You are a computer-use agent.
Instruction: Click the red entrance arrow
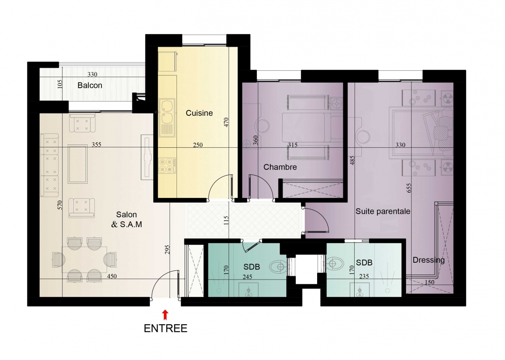click(165, 315)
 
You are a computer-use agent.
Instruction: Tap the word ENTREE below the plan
click(166, 328)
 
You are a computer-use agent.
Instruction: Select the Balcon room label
click(90, 85)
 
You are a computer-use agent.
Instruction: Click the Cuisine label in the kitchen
click(199, 113)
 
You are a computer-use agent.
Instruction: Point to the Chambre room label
click(280, 167)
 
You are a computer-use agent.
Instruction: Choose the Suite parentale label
click(383, 211)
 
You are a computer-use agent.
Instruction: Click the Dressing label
click(429, 260)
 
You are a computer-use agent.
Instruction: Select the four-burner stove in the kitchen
click(167, 165)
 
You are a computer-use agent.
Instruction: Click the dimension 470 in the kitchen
click(226, 122)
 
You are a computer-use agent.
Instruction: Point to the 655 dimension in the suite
click(409, 188)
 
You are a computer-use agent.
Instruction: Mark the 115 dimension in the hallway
click(226, 221)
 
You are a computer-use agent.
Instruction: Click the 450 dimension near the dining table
click(112, 276)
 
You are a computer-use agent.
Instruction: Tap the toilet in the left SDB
click(278, 266)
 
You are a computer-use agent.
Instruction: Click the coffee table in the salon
click(77, 163)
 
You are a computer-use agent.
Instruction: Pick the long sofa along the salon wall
click(49, 165)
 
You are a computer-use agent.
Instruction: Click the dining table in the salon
click(84, 259)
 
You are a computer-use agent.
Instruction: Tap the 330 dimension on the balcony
click(92, 75)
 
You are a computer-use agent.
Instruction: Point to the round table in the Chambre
click(262, 126)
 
